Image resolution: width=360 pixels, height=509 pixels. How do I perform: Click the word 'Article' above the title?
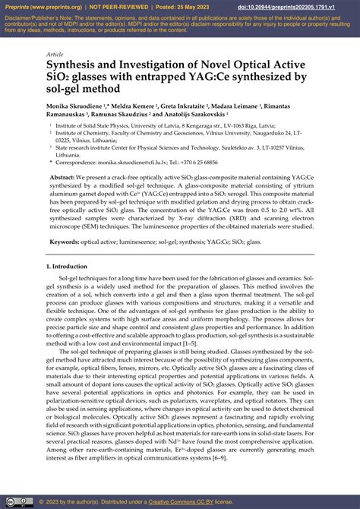tap(55, 55)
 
